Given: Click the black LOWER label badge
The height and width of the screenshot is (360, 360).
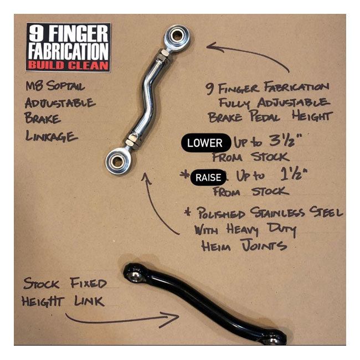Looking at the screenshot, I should point(204,142).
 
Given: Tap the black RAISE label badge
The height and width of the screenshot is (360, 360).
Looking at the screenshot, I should point(208,178).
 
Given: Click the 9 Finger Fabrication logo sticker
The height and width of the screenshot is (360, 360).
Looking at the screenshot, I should point(68,47).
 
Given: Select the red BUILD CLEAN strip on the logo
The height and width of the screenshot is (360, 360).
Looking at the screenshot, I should point(68,65).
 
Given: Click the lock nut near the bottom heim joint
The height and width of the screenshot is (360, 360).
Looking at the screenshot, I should point(131,143).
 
